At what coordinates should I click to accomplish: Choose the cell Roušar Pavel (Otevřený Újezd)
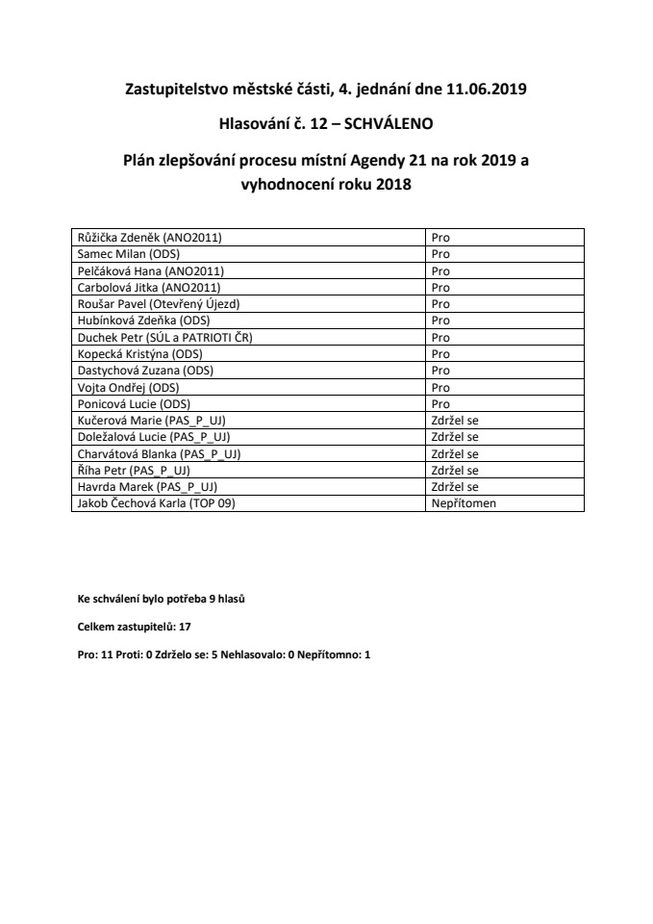(157, 303)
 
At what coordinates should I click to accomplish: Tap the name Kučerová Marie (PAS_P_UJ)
(150, 421)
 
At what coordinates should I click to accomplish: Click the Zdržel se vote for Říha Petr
(455, 471)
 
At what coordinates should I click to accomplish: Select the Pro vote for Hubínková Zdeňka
(440, 320)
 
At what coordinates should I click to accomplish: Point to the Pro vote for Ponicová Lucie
(440, 404)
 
